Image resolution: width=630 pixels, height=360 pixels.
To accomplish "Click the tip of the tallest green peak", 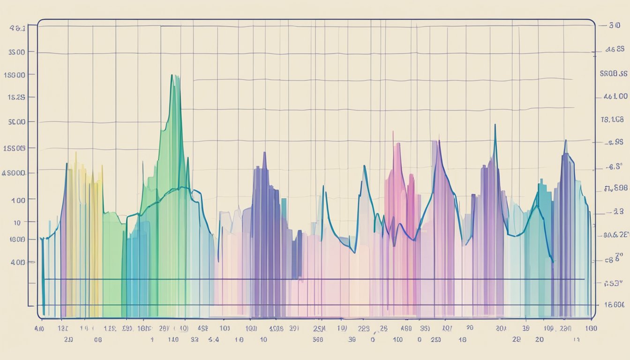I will tap(172, 75).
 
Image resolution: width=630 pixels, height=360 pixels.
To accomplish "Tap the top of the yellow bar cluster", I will tap(75, 153).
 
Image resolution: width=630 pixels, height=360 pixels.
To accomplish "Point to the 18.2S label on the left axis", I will tap(15, 97).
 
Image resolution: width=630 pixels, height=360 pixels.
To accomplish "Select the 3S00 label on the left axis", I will tap(16, 52).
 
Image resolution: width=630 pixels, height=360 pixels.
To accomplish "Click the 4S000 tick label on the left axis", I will tap(14, 172).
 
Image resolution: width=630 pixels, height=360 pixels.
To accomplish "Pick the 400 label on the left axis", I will tap(17, 262).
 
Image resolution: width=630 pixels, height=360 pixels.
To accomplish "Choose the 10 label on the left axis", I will tap(17, 222).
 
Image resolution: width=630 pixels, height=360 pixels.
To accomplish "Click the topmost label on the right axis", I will tap(614, 26).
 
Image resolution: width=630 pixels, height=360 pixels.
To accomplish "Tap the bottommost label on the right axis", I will tap(615, 304).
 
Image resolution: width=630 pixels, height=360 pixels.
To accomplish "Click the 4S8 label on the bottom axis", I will tap(203, 329).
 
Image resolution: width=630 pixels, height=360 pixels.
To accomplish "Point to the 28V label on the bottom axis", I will tap(165, 329).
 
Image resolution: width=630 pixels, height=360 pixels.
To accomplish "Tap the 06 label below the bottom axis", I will tap(97, 338).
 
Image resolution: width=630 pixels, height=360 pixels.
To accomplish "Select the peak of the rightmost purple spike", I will tap(565, 140).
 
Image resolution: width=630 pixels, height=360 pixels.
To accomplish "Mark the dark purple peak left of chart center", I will tap(264, 152).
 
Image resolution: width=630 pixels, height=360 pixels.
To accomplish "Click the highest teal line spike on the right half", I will tap(495, 125).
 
